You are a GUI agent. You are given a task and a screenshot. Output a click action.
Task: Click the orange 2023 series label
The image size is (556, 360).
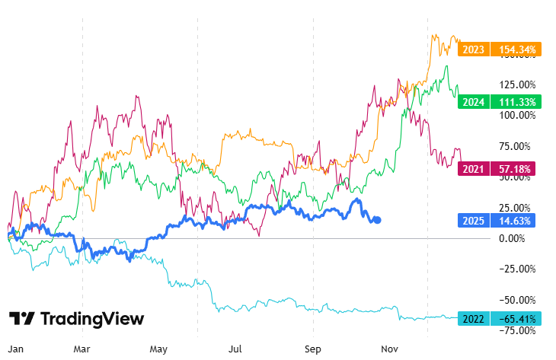pyautogui.click(x=473, y=50)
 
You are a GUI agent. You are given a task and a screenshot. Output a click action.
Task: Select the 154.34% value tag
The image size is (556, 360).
pyautogui.click(x=516, y=50)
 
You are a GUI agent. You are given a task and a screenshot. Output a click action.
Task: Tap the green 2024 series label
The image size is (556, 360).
pyautogui.click(x=473, y=102)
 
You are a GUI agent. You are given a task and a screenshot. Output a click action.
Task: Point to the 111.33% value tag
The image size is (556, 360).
pyautogui.click(x=516, y=102)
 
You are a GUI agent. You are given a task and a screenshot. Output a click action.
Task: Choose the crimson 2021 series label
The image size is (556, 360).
pyautogui.click(x=473, y=169)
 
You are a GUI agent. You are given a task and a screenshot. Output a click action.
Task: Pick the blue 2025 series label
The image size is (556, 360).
pyautogui.click(x=473, y=221)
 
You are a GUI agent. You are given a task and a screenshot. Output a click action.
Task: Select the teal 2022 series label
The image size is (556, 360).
pyautogui.click(x=473, y=320)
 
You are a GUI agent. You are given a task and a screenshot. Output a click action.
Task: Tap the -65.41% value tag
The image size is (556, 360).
pyautogui.click(x=516, y=320)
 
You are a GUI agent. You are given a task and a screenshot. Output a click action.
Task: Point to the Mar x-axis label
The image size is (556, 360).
pyautogui.click(x=82, y=349)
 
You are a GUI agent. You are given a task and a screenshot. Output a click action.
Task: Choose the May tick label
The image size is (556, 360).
pyautogui.click(x=158, y=349)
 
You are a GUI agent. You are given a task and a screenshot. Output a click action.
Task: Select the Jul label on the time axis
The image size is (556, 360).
pyautogui.click(x=236, y=349)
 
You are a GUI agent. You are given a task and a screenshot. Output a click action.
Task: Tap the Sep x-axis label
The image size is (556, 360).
pyautogui.click(x=313, y=349)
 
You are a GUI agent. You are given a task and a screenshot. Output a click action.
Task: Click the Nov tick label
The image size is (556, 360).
pyautogui.click(x=390, y=349)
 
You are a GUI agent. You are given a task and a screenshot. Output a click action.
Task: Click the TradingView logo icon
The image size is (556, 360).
pyautogui.click(x=22, y=319)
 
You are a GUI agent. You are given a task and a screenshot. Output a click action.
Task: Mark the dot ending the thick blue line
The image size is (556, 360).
pyautogui.click(x=379, y=220)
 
